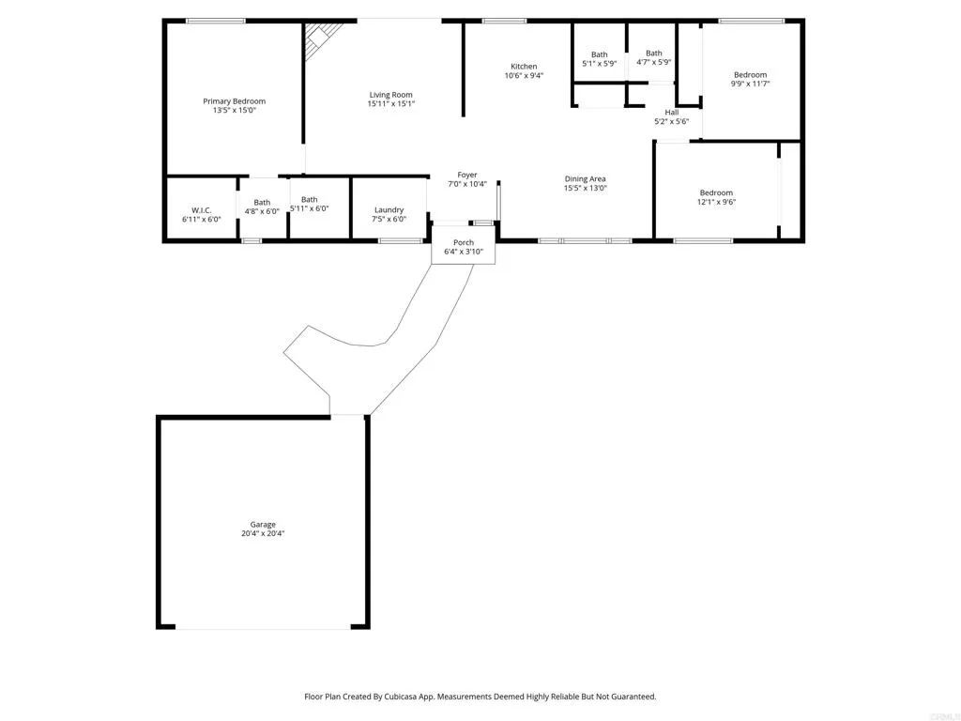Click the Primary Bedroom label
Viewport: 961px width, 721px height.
pos(234,101)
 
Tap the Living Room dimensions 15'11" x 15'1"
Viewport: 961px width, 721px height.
pos(390,104)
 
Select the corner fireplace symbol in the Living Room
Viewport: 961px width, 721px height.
pos(319,39)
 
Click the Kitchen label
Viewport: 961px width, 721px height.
pos(524,67)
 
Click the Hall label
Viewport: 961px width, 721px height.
pos(671,113)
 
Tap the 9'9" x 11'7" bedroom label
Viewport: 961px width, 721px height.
pos(750,75)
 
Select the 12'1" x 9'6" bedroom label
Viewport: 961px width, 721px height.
pos(715,192)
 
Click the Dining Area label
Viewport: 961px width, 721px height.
pos(585,178)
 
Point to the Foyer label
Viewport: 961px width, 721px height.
pos(466,175)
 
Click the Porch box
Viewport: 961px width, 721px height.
pos(464,247)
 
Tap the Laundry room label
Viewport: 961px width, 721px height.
pos(389,209)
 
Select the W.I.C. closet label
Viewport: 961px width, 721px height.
pos(201,209)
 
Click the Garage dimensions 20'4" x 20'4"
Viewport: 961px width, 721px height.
pos(263,533)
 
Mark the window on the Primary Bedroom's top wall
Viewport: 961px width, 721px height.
pos(216,21)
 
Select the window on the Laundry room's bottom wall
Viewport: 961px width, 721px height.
pos(400,241)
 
